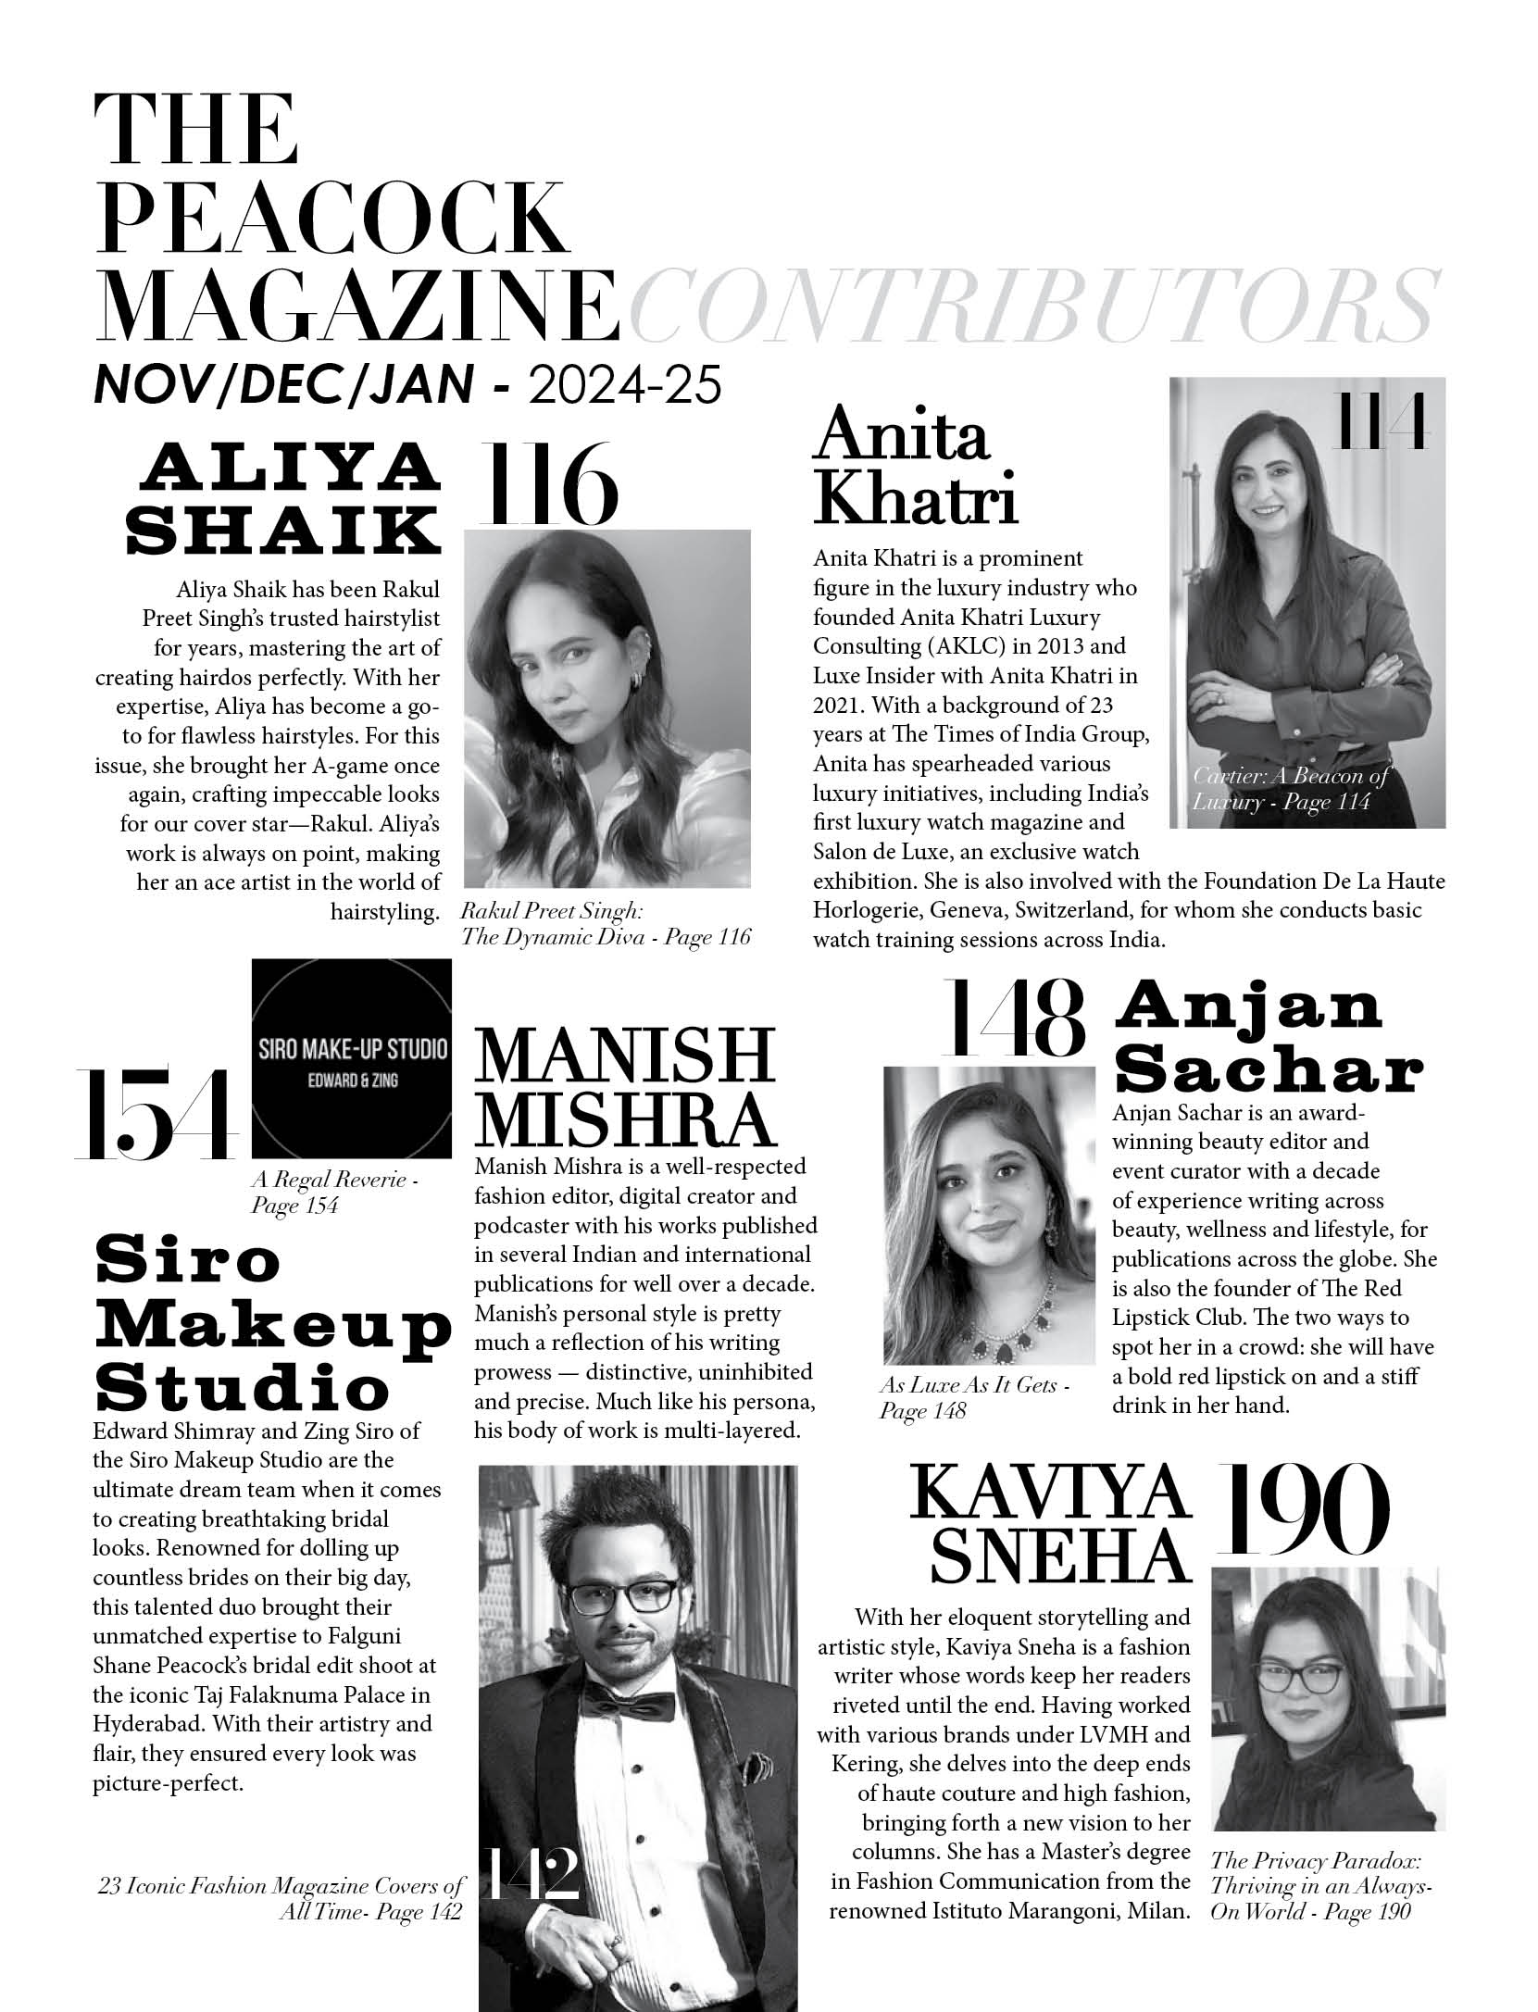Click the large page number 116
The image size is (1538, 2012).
tap(548, 483)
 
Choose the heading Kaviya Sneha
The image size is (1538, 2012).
tap(1049, 1525)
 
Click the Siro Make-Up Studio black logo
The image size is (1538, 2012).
tap(352, 1058)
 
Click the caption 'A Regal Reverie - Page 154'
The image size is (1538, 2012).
tap(334, 1193)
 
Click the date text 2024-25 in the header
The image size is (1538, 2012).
tap(622, 386)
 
